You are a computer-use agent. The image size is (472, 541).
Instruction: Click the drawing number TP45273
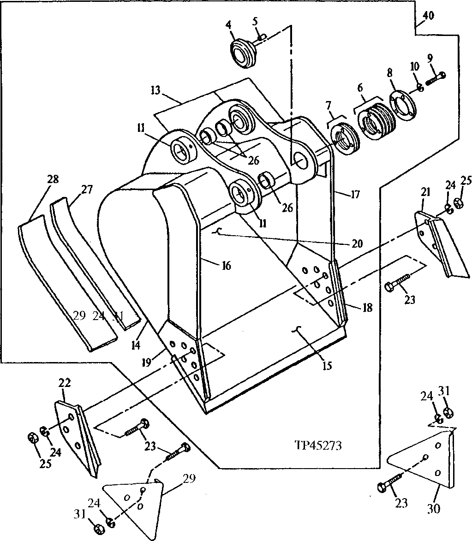[318, 446]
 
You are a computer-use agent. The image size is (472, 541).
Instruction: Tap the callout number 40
[428, 15]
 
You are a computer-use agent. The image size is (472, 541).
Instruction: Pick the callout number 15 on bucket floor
[327, 365]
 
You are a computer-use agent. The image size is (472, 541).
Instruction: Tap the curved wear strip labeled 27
[92, 258]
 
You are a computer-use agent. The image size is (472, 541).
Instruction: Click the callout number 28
[53, 179]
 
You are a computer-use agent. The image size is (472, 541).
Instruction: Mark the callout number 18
[367, 308]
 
